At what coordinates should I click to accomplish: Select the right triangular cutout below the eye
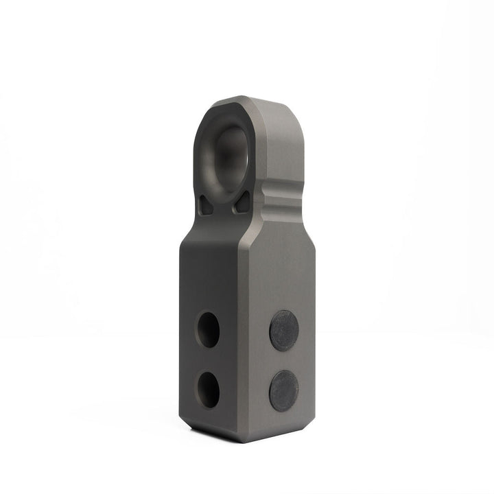241,202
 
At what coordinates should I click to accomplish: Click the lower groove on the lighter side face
281,207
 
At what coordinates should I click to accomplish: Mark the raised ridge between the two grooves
281,198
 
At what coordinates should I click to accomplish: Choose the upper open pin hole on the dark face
208,329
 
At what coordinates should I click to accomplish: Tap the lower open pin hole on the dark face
209,389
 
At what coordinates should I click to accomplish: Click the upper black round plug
284,331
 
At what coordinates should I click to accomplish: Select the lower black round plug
283,391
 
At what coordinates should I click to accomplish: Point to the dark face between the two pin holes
209,360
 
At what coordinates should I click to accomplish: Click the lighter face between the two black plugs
284,361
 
